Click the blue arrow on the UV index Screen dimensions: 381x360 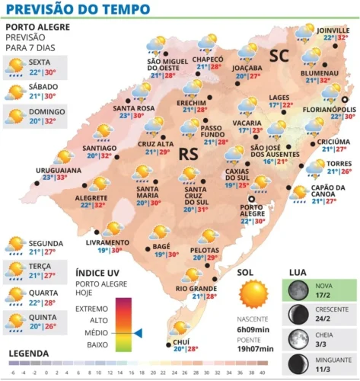click(138, 332)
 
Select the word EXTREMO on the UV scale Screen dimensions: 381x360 click(94, 308)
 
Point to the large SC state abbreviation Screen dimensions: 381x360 click(279, 55)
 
